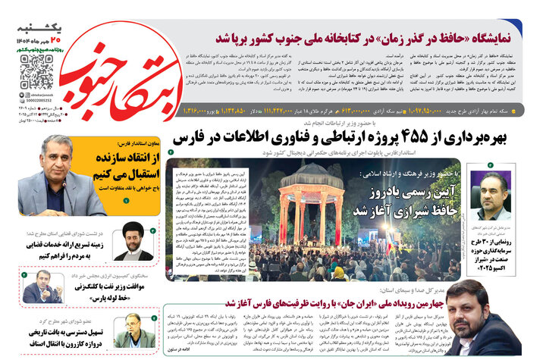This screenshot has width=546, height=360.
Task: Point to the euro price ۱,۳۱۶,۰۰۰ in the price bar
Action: pyautogui.click(x=199, y=111)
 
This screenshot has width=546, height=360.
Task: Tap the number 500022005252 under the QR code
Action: pyautogui.click(x=36, y=99)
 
